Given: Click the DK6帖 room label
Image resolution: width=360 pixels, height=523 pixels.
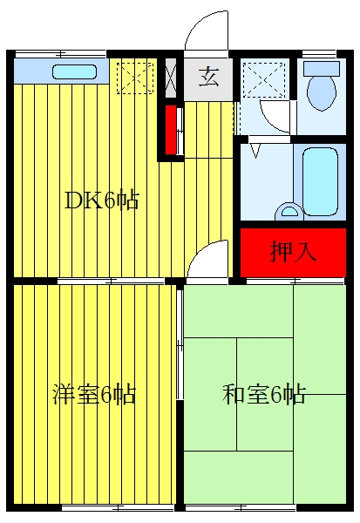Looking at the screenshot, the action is [101, 200].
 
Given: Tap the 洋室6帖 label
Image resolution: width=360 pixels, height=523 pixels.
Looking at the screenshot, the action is [94, 395].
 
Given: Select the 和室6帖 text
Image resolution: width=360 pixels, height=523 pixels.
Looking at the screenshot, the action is [264, 394].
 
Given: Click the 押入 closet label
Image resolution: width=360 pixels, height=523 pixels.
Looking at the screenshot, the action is [293, 251].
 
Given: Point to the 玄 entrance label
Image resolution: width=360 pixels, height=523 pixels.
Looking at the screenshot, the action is [208, 77].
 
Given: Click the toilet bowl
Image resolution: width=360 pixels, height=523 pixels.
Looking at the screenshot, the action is [322, 92].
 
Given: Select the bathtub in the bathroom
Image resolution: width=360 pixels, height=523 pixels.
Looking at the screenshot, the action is [320, 181].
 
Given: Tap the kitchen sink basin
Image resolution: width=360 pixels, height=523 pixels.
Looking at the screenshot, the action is [75, 71].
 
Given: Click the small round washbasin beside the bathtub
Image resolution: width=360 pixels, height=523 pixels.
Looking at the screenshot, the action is [289, 212].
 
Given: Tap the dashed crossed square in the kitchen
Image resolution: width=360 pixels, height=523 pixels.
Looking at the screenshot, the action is [135, 78].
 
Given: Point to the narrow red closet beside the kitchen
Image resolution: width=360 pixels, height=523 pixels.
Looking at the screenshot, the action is [171, 130].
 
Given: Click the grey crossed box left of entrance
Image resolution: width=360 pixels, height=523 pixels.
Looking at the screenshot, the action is [171, 78].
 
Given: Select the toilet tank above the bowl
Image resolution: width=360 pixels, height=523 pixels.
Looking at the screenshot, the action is [322, 67].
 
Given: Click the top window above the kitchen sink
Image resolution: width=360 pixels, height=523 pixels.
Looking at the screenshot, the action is [61, 53].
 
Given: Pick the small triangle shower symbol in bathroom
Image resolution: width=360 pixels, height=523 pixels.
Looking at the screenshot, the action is [255, 151].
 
